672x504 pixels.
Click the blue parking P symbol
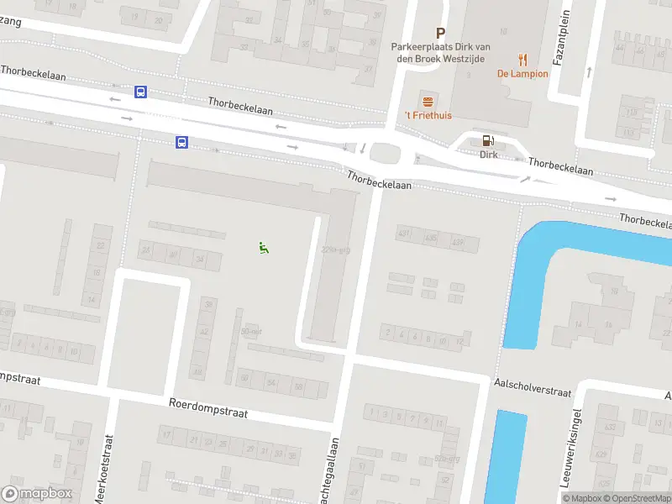(440, 34)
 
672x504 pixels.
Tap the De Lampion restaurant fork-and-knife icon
(522, 59)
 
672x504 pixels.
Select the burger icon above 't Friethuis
(428, 101)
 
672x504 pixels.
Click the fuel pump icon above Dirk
(488, 141)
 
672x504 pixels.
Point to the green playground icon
(264, 247)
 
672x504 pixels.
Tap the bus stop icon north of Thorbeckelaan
(140, 92)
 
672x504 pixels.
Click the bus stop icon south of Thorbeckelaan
(181, 143)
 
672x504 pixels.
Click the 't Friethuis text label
(428, 115)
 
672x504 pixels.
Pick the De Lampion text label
(522, 74)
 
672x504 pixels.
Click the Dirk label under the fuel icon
(488, 155)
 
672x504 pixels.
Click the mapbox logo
(38, 494)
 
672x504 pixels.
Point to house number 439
(458, 242)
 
